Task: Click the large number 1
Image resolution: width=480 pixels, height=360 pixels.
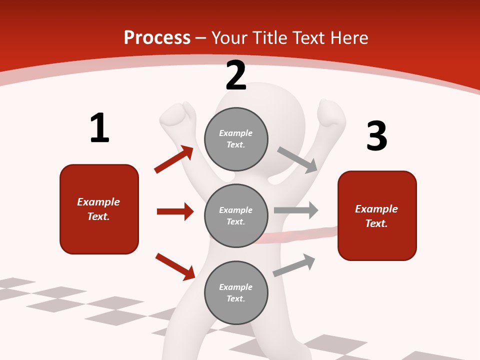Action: tap(99, 128)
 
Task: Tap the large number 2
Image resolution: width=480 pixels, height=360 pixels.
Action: tap(236, 75)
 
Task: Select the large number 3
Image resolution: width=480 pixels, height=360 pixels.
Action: tap(376, 136)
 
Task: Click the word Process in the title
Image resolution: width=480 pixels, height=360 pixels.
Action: tap(157, 37)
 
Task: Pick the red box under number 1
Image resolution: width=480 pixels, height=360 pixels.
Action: tap(99, 209)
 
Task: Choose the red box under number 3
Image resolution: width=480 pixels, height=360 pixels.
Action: tap(377, 216)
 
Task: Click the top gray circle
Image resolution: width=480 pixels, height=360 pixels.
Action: tap(236, 139)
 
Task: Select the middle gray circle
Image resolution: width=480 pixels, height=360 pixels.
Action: tap(236, 215)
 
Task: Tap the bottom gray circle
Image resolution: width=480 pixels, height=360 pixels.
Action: tap(236, 292)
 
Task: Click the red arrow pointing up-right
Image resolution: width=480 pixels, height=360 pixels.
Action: tap(174, 159)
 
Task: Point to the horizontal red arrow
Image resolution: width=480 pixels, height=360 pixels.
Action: tap(175, 211)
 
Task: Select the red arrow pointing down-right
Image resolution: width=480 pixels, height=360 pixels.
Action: tap(175, 266)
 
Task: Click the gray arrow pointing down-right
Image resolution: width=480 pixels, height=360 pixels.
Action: tap(297, 159)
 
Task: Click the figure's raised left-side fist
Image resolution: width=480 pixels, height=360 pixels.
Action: tap(178, 116)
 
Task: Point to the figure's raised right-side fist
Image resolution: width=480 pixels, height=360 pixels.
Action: tap(331, 113)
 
